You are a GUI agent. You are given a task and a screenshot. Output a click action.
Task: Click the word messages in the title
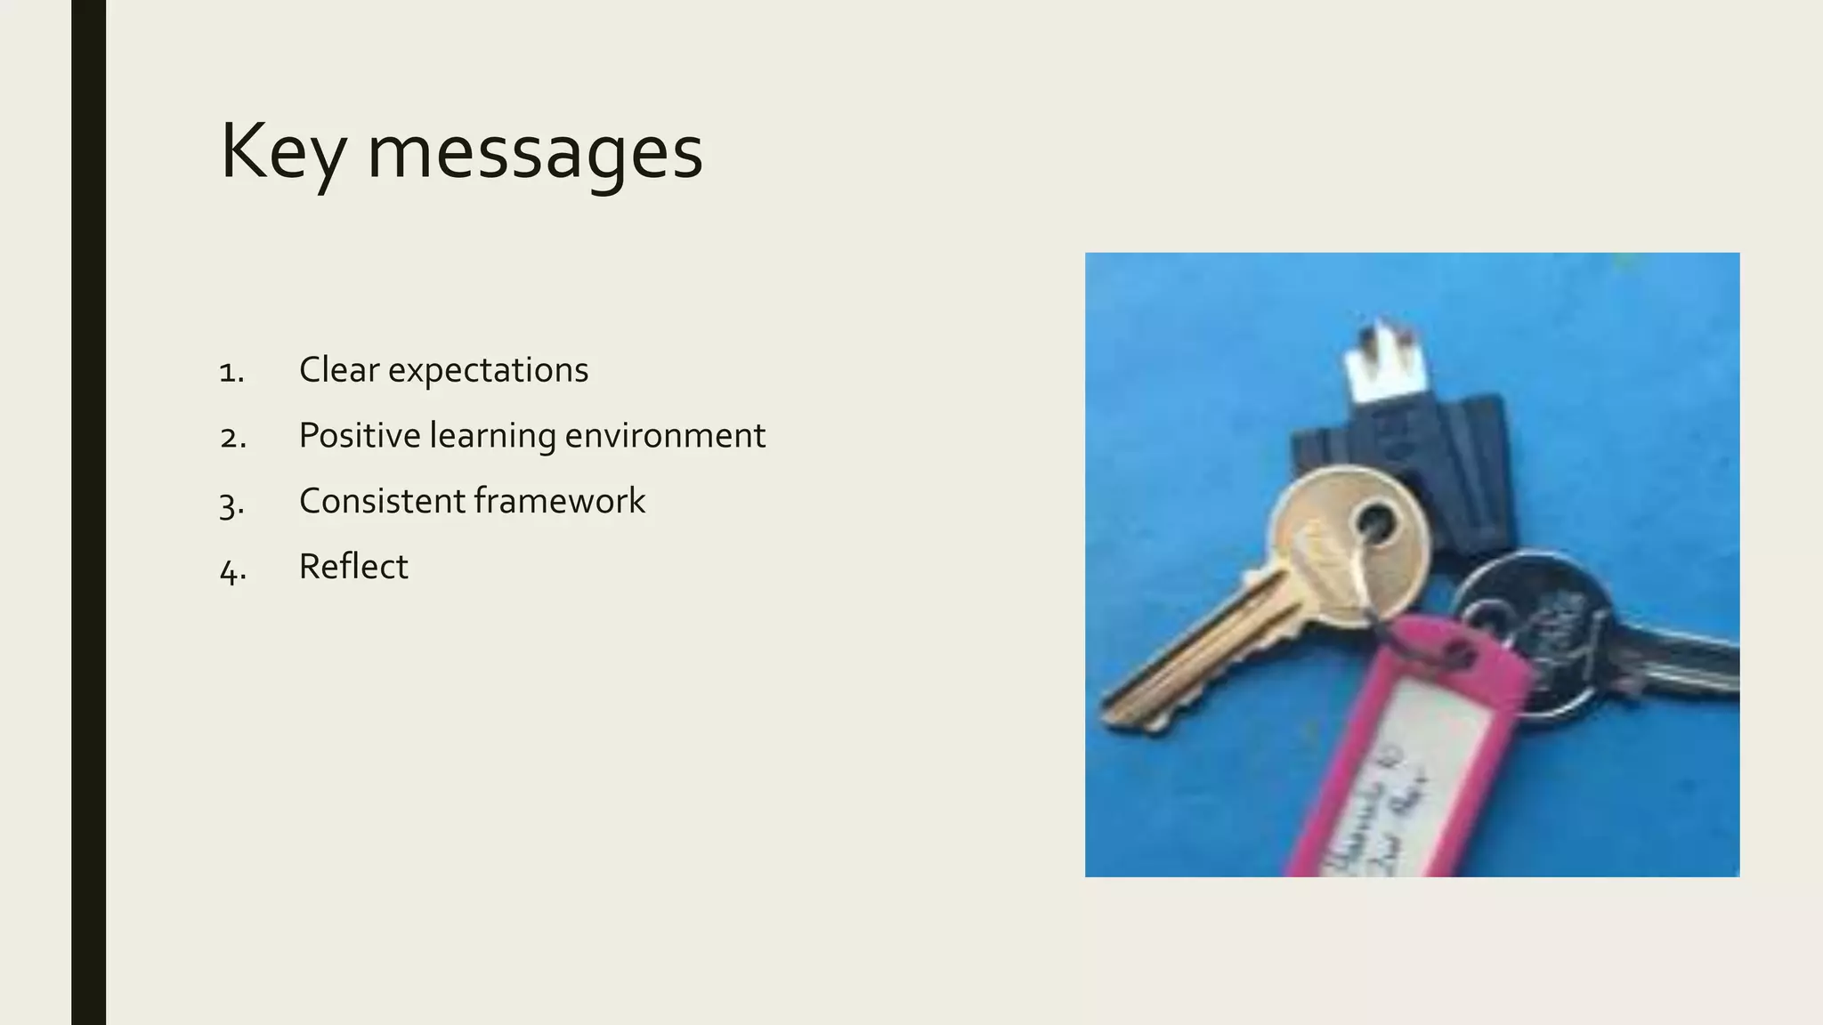pyautogui.click(x=535, y=153)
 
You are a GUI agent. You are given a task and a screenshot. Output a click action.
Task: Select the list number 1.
pyautogui.click(x=231, y=372)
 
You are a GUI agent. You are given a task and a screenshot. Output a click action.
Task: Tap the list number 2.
pyautogui.click(x=232, y=438)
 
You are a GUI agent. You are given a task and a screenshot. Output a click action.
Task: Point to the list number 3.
pyautogui.click(x=231, y=504)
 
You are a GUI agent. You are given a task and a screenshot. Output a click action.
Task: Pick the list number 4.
pyautogui.click(x=232, y=569)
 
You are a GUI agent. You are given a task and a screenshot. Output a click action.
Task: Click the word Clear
pyautogui.click(x=338, y=370)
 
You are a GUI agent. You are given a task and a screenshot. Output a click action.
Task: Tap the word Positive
pyautogui.click(x=359, y=436)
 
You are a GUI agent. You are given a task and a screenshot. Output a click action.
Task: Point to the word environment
pyautogui.click(x=664, y=436)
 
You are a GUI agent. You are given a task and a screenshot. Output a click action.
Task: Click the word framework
pyautogui.click(x=560, y=501)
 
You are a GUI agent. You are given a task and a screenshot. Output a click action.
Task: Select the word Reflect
pyautogui.click(x=353, y=567)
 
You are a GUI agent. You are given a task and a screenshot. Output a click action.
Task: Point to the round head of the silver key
pyautogui.click(x=1540, y=623)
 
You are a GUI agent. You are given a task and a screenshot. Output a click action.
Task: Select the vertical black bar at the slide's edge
pyautogui.click(x=88, y=512)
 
